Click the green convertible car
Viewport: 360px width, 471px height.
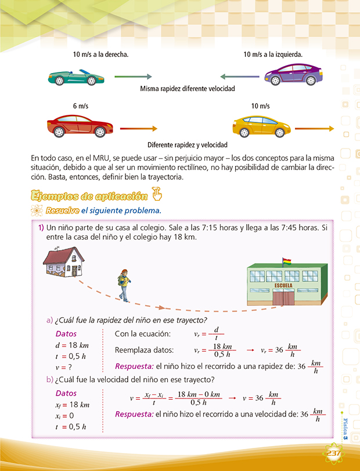[73, 77]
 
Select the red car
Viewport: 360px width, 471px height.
[80, 125]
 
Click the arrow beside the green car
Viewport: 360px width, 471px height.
[133, 76]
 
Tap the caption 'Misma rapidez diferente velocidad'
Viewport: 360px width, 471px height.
[187, 89]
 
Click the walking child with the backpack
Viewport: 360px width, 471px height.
[123, 285]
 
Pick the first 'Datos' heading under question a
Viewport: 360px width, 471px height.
[66, 334]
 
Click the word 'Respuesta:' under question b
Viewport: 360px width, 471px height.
[134, 414]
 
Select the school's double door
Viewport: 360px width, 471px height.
[283, 298]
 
